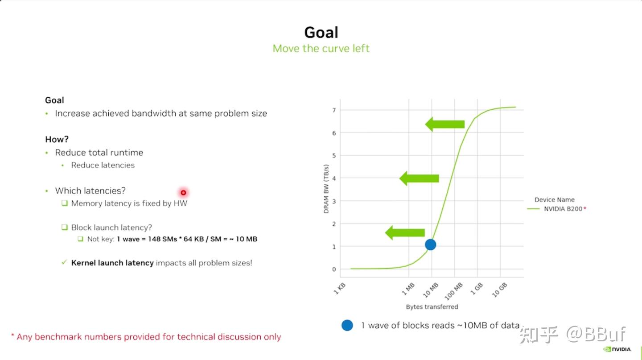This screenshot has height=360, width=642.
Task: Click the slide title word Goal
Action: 321,32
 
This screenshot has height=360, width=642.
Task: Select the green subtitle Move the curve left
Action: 321,49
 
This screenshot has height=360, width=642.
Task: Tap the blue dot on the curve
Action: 430,244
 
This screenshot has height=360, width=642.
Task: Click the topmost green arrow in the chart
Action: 444,124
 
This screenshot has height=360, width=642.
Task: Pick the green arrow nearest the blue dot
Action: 405,232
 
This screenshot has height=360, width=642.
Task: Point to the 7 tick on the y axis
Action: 334,110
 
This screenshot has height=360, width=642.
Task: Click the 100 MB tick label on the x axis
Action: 453,291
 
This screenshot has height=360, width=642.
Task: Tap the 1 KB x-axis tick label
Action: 340,289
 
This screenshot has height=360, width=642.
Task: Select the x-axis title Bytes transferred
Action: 432,306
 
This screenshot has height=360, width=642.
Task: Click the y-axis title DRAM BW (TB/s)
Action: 326,189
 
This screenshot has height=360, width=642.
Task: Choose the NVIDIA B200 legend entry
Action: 556,208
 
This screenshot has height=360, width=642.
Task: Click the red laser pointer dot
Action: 183,192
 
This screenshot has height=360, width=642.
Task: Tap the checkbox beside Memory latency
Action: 65,203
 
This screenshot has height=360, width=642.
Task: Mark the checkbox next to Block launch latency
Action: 65,227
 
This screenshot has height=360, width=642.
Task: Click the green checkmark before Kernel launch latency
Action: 64,262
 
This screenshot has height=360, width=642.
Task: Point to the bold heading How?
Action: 57,139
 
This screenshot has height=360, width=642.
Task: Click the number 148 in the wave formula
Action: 154,239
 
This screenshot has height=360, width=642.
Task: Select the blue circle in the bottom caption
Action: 347,325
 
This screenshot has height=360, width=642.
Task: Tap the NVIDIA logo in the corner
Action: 617,349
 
